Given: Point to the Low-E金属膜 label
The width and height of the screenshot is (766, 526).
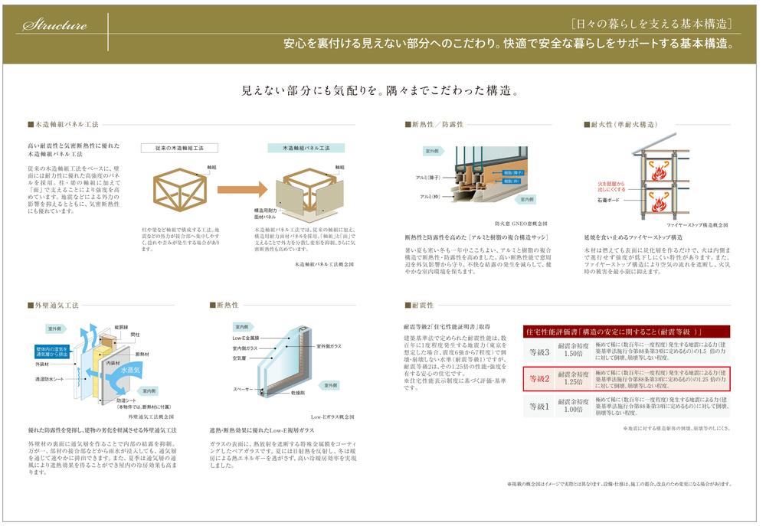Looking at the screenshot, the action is coord(246,338).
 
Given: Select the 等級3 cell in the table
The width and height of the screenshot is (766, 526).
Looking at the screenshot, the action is coord(540,352).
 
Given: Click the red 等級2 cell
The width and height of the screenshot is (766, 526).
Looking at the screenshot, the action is coord(540,378).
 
